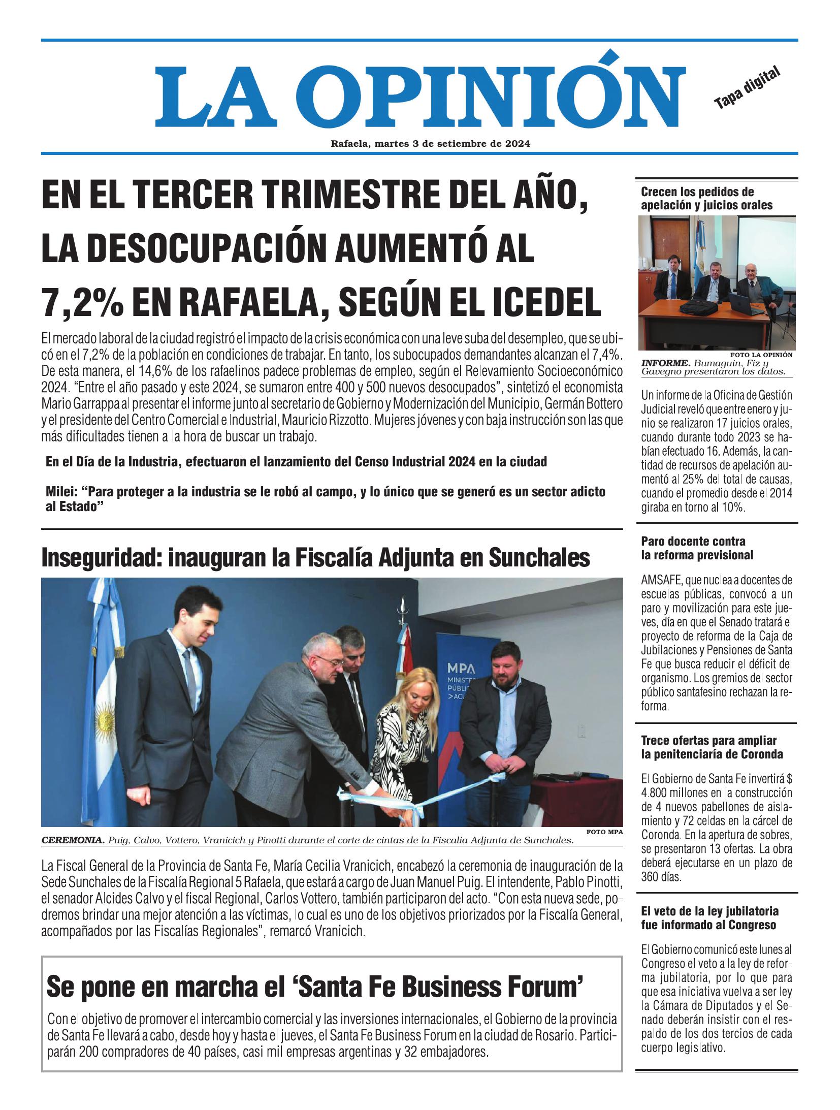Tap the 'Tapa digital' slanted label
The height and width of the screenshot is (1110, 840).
pyautogui.click(x=746, y=87)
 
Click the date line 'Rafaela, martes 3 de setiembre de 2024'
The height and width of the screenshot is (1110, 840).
pyautogui.click(x=430, y=144)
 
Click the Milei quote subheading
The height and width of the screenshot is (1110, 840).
pyautogui.click(x=325, y=499)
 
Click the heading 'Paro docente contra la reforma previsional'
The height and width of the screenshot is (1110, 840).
pyautogui.click(x=697, y=548)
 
